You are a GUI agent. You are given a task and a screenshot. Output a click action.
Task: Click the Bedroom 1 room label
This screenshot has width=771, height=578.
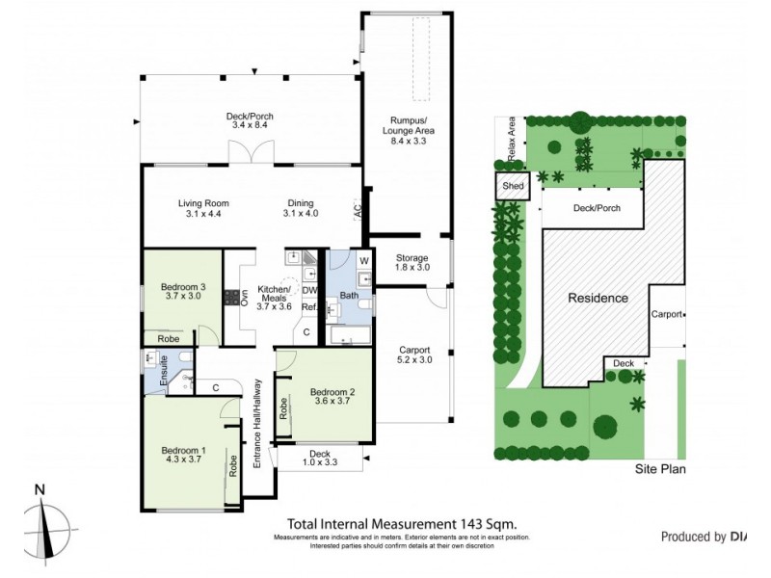pos(183,451)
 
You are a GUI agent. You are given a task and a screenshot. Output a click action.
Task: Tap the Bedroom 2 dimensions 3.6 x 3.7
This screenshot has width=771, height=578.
pos(332,403)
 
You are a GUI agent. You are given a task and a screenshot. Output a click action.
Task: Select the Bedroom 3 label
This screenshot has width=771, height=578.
pos(183,287)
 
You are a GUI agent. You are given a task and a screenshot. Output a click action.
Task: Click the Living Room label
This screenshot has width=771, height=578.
pos(203,203)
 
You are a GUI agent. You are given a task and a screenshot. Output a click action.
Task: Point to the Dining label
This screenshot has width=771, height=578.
pos(300,203)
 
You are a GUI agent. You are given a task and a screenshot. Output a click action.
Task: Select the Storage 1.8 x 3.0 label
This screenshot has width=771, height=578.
pos(412,261)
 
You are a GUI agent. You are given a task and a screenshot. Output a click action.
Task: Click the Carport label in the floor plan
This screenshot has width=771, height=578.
pos(414,350)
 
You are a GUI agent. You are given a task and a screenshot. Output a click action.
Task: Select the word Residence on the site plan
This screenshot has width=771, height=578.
pos(597,298)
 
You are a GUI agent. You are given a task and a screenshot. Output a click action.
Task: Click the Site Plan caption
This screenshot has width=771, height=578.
pos(658,470)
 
